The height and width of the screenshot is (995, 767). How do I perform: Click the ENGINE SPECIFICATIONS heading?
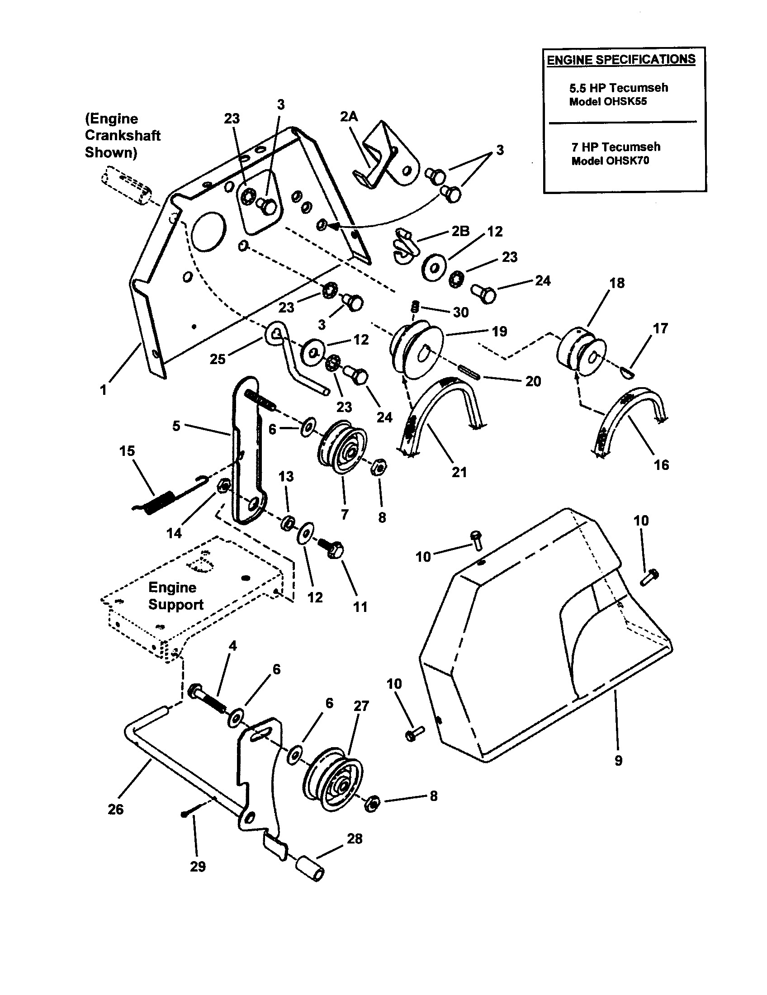point(621,60)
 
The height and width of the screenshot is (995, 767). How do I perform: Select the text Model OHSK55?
point(608,102)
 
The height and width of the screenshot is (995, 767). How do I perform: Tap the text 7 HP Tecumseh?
point(615,147)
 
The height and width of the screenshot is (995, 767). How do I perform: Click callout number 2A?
point(349,117)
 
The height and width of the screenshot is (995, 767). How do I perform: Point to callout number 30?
point(460,312)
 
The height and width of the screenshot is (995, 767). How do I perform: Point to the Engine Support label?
point(175,596)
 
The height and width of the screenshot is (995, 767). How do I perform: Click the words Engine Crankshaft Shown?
point(122,135)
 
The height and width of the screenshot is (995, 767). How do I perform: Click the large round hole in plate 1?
point(208,231)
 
